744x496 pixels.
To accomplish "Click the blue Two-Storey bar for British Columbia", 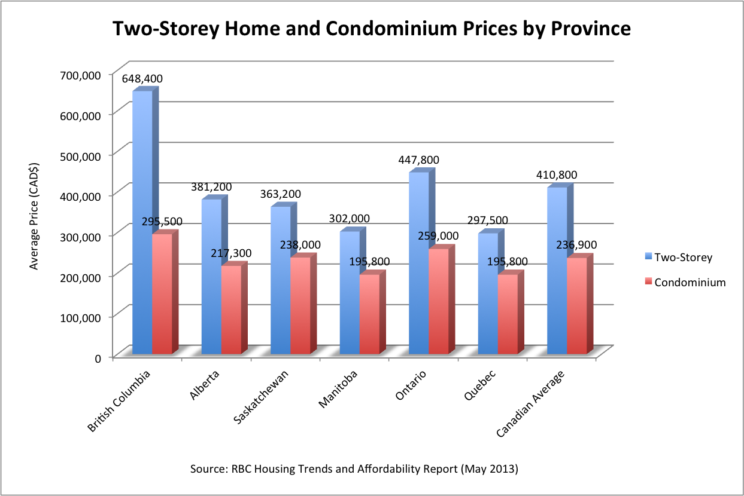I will [x=142, y=221].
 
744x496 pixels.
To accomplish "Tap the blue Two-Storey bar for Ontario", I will [x=418, y=263].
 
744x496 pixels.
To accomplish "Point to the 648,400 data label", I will [x=142, y=79].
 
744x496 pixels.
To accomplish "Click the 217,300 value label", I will [x=231, y=253].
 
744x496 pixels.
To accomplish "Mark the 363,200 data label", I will [x=281, y=194].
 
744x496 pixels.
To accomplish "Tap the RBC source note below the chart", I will [x=354, y=469].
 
